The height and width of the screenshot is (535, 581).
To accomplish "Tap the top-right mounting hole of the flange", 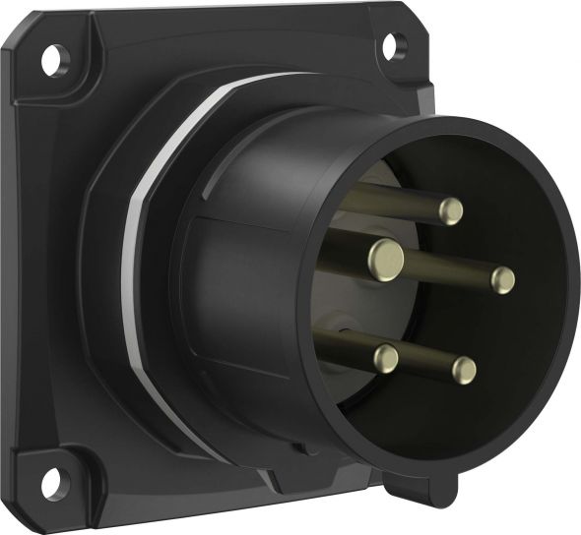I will pos(392,43).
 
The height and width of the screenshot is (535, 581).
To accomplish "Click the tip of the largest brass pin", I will pos(386,259).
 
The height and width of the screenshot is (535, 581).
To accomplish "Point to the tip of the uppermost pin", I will pos(451,210).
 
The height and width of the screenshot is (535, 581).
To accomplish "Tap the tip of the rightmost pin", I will pos(503,280).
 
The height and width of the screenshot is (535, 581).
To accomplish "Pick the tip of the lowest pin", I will pos(464,370).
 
